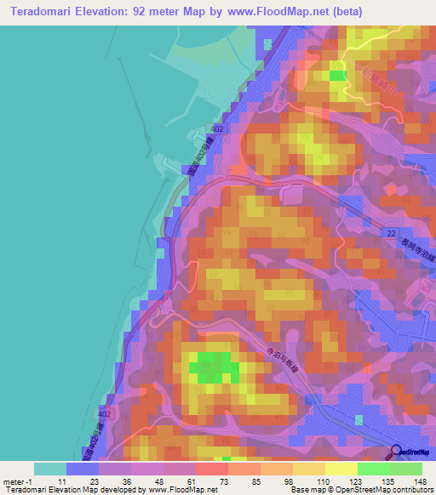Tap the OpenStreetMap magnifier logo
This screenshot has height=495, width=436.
[396, 452]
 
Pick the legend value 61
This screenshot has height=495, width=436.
[195, 481]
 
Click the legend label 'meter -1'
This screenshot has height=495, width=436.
[20, 481]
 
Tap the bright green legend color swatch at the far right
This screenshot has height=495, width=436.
[406, 469]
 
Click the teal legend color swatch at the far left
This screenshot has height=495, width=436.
[50, 469]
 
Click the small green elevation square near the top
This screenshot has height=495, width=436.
[339, 76]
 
